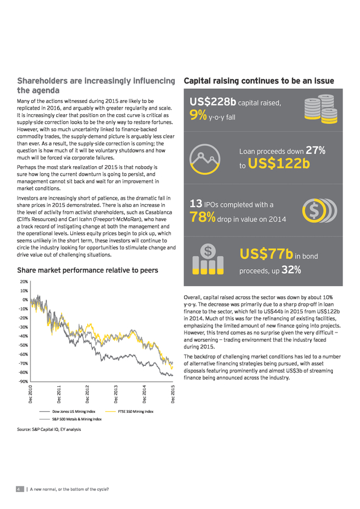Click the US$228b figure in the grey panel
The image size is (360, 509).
213,102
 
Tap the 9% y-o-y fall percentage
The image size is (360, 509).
198,115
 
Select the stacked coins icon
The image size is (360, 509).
321,109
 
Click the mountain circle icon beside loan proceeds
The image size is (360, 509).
205,159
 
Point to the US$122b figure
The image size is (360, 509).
278,163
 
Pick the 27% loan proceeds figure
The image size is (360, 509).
315,150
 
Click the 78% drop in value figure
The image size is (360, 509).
203,217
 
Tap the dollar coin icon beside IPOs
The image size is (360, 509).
320,210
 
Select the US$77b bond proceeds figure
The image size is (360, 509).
267,254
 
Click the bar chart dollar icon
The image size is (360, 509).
208,259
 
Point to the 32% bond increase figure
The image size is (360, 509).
291,270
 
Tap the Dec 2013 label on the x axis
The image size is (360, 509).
116,394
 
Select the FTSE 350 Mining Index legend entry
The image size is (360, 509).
130,411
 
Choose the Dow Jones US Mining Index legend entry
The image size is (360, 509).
67,411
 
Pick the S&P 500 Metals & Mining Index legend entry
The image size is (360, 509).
71,419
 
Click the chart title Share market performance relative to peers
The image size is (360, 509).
87,270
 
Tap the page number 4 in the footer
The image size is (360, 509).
19,489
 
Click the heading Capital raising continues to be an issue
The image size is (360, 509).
259,81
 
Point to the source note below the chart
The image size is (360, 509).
49,429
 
